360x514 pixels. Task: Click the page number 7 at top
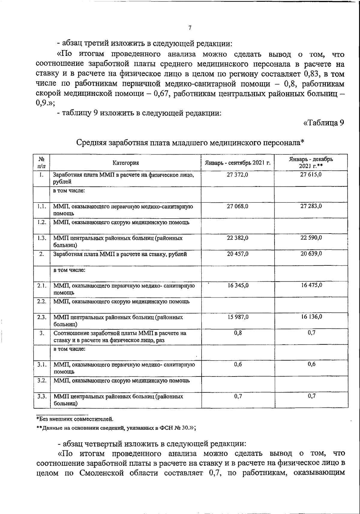point(190,28)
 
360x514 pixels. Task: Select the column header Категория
point(126,163)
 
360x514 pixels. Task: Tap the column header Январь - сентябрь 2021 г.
point(238,163)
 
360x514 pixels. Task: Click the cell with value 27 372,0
point(238,174)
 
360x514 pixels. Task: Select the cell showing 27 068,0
point(238,206)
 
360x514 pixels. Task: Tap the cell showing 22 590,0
point(311,238)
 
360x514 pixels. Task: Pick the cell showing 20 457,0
point(238,254)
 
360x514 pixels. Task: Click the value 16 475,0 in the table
point(311,285)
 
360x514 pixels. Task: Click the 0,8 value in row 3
point(238,333)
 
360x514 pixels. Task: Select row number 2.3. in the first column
point(42,317)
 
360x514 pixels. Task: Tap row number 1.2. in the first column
point(42,222)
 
